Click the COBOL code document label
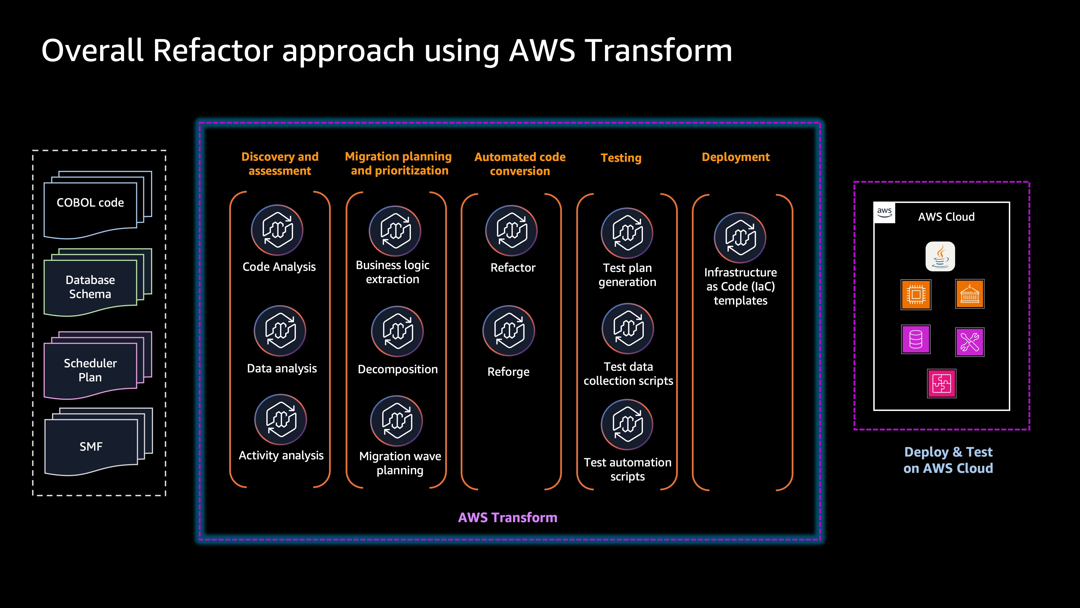[x=90, y=203]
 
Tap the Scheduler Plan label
[x=90, y=370]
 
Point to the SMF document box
[x=91, y=446]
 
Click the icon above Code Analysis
[x=277, y=230]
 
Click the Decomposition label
[x=397, y=369]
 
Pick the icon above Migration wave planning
[x=396, y=421]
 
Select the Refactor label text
[x=513, y=268]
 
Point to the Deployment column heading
[x=735, y=157]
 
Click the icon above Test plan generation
[x=627, y=233]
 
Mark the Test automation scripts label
[x=627, y=469]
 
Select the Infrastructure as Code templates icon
[x=740, y=238]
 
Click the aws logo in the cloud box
[x=884, y=212]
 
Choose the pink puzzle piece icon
[x=942, y=383]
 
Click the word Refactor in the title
[x=213, y=50]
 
